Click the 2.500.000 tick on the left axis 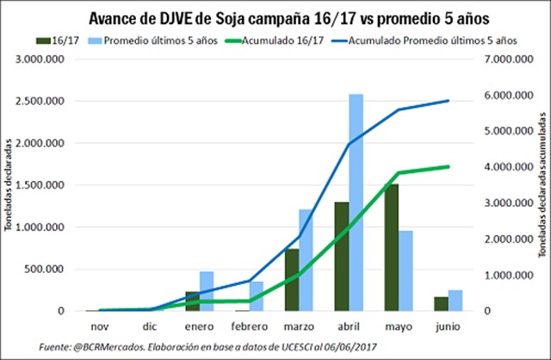click(x=40, y=101)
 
